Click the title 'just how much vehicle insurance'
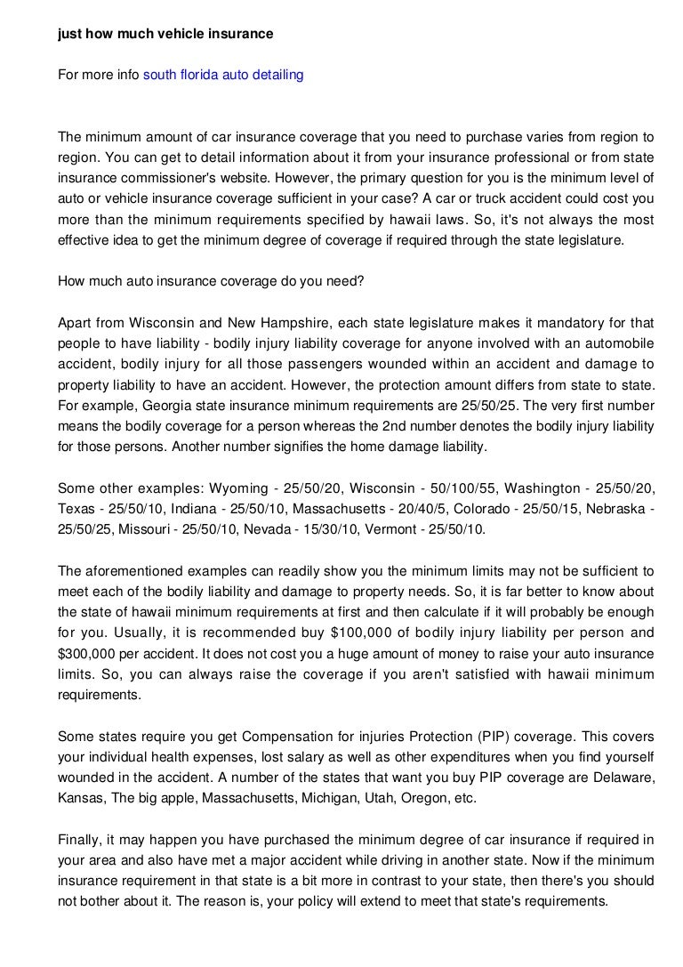pos(165,34)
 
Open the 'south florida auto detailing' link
pos(223,76)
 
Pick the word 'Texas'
pos(76,509)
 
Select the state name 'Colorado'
pos(487,509)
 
